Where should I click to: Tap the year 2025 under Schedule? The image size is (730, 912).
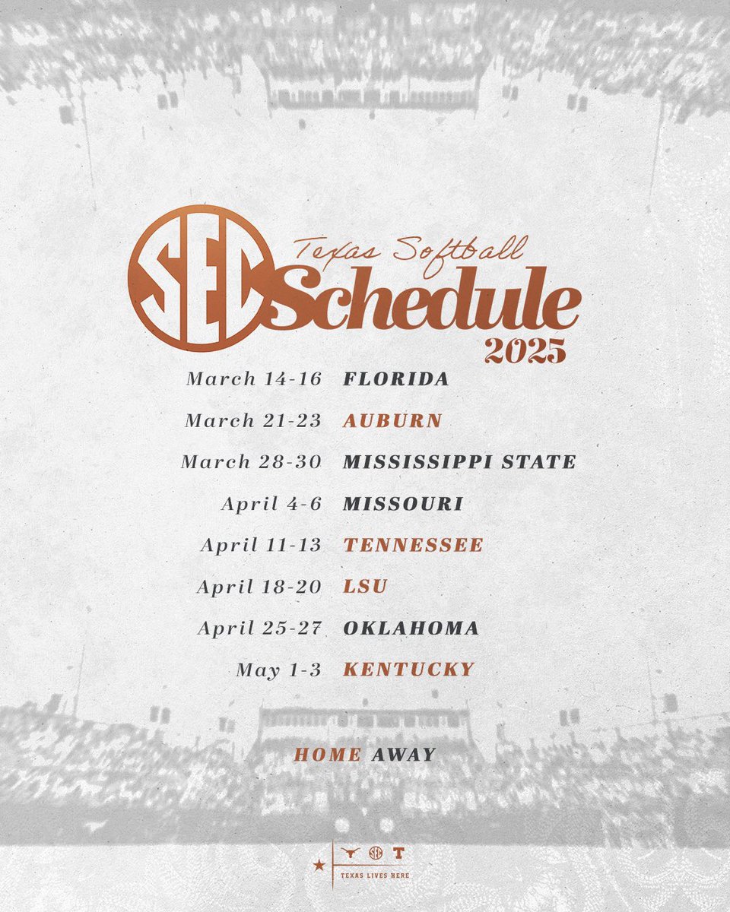(525, 350)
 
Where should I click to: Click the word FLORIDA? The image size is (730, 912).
(396, 378)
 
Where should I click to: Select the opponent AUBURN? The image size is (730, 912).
(393, 420)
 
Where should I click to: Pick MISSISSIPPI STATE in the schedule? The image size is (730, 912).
(459, 461)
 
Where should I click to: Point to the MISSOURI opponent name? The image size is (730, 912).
(403, 503)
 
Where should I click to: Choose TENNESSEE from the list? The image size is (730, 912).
(413, 545)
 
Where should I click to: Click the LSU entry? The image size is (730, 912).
(366, 587)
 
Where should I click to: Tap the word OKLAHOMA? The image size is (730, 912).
(411, 629)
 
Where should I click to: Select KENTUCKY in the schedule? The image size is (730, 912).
(409, 670)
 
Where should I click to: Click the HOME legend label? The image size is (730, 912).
(328, 755)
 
